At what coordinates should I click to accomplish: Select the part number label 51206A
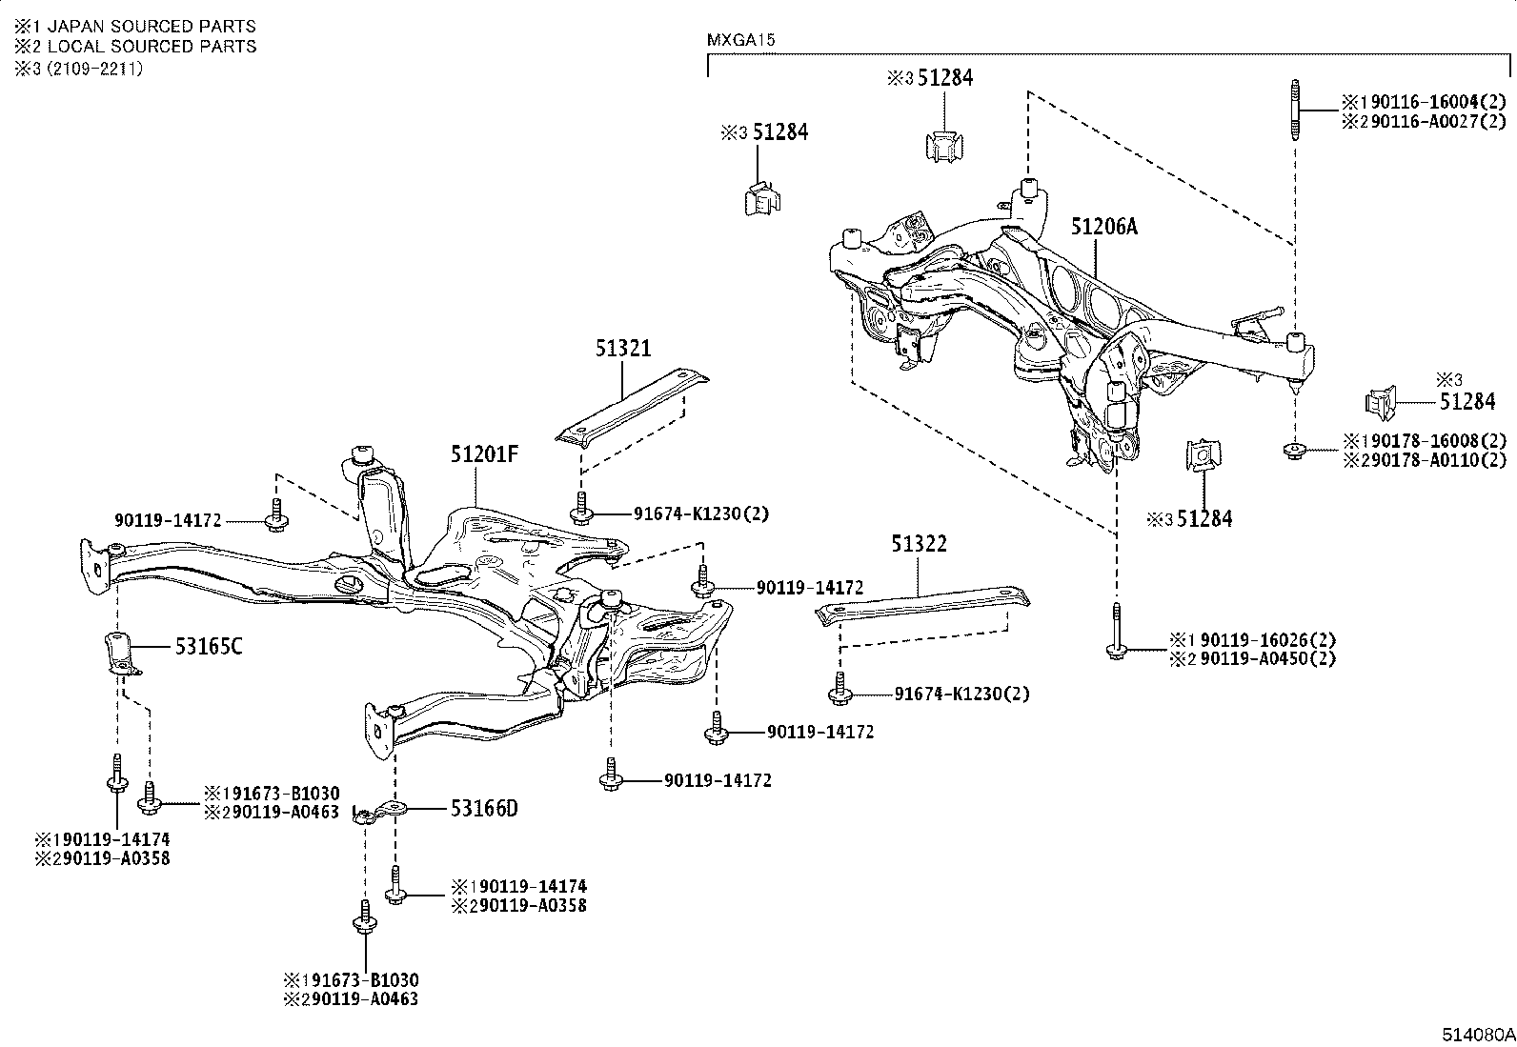pos(1103,227)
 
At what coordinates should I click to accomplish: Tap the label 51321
pos(623,349)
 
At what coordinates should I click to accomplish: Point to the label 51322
pos(919,544)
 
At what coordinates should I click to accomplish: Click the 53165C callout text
pos(208,647)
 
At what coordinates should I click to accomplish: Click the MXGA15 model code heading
pos(741,41)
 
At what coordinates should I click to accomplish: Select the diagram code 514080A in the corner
pos(1477,1035)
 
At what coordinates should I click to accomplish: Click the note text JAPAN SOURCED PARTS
pos(152,26)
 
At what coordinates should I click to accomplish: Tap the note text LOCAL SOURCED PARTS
pos(152,46)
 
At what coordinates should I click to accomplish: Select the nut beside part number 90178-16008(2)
pos(1295,451)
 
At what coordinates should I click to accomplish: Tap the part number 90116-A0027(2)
pos(1432,121)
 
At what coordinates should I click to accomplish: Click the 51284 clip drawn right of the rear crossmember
pos(1380,403)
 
